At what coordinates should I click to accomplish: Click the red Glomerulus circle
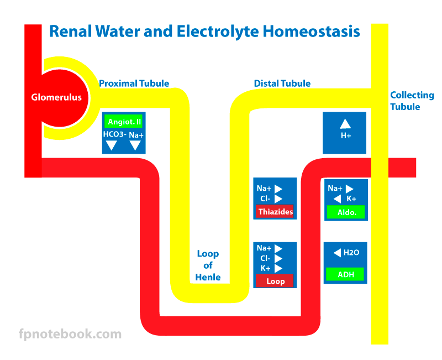(x=60, y=98)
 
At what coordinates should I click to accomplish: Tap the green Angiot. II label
(x=123, y=122)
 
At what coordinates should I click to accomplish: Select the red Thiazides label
(x=275, y=212)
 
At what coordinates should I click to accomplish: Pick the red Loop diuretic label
(x=275, y=281)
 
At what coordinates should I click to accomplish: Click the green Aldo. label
(x=346, y=212)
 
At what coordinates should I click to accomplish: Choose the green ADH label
(x=345, y=274)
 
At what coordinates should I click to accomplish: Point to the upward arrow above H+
(x=345, y=123)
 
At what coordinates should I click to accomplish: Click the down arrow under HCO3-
(x=112, y=145)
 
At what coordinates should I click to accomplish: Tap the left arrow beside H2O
(x=337, y=253)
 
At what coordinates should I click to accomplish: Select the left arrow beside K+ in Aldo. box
(x=337, y=199)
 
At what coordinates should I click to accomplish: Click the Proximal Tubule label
(x=134, y=84)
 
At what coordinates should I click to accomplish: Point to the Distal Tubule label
(x=282, y=84)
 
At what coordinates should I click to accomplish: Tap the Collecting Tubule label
(x=412, y=101)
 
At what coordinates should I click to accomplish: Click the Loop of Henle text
(x=208, y=265)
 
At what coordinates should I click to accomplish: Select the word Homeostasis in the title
(x=311, y=31)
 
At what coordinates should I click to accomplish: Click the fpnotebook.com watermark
(x=70, y=334)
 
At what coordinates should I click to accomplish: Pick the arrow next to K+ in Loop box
(x=278, y=268)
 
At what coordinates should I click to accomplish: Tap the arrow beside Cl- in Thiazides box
(x=278, y=199)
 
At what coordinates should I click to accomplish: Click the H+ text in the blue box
(x=346, y=135)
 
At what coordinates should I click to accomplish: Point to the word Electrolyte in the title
(x=217, y=32)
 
